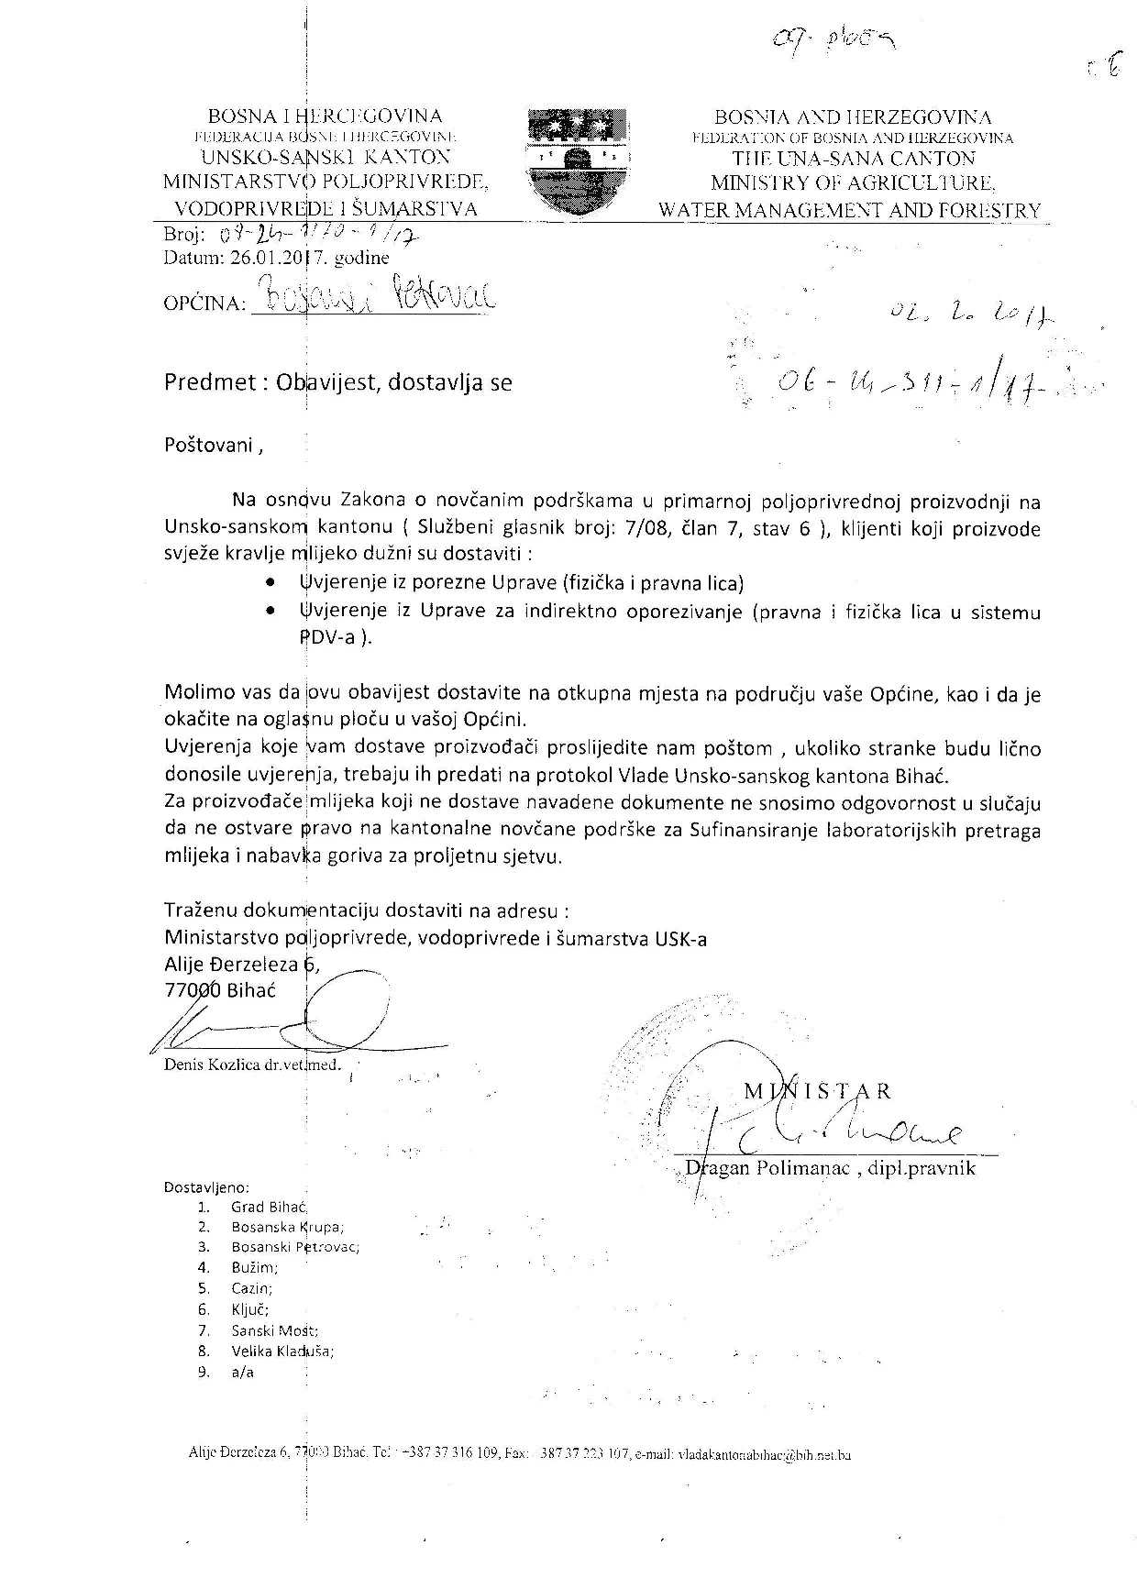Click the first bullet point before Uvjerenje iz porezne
270,583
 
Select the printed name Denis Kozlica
215,1065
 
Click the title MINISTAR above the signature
816,1090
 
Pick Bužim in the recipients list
254,1268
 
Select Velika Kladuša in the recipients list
281,1351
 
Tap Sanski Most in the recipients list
274,1330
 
